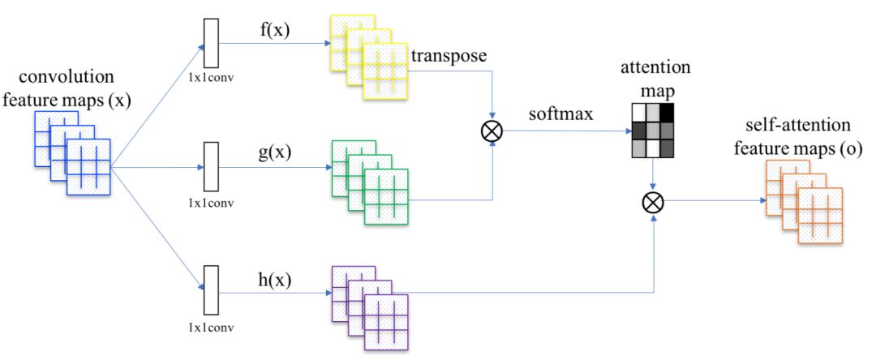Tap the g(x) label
[x=274, y=152]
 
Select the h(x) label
[x=273, y=280]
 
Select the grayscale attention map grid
[x=652, y=130]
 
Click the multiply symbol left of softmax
[x=492, y=131]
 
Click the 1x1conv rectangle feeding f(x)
[x=212, y=43]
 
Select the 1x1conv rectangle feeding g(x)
[x=212, y=168]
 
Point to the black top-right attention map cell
[x=667, y=111]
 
